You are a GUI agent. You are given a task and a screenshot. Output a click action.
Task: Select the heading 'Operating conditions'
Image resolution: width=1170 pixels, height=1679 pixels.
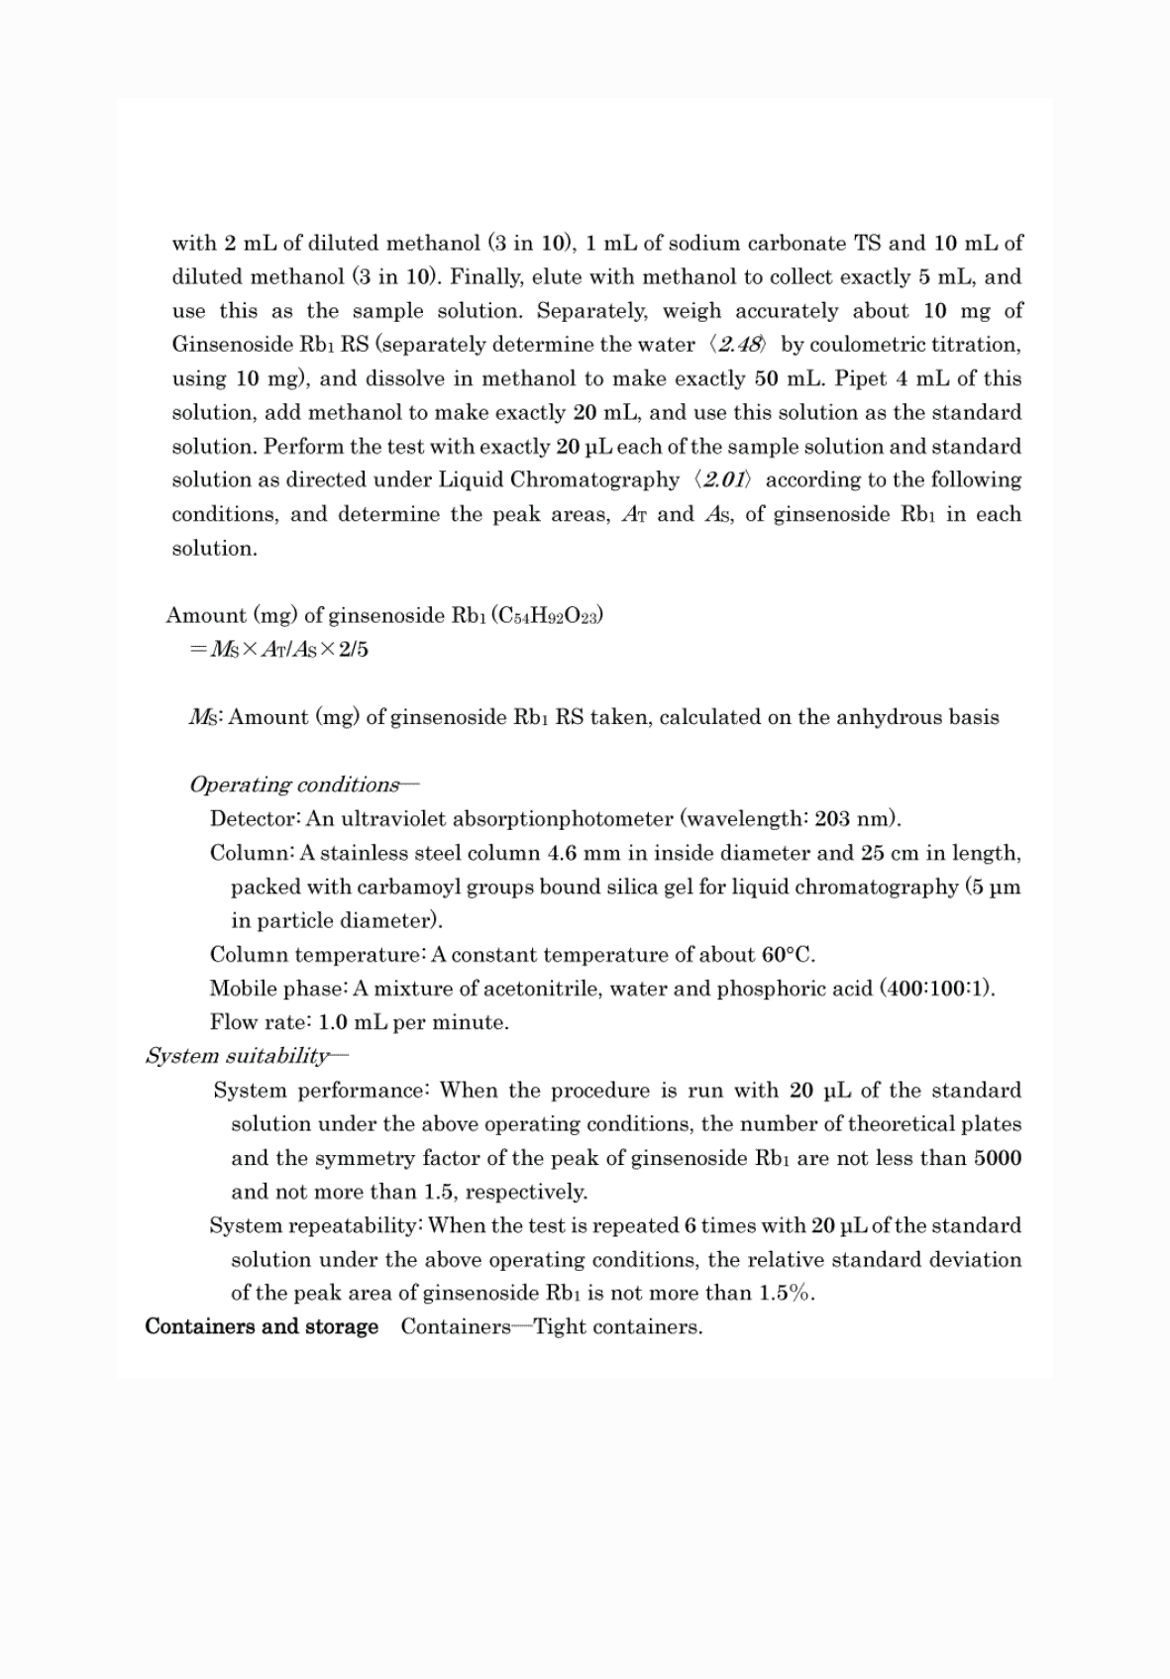[x=294, y=786]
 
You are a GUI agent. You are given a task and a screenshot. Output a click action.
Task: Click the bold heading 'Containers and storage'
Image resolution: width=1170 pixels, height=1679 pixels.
[x=262, y=1327]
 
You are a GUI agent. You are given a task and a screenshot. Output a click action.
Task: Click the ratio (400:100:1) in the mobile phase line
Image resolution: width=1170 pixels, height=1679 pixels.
[x=936, y=989]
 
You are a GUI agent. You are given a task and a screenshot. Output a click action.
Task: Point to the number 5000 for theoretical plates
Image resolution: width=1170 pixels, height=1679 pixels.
[x=997, y=1158]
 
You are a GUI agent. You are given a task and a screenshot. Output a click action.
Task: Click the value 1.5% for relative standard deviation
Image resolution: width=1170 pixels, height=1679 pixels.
[x=786, y=1294]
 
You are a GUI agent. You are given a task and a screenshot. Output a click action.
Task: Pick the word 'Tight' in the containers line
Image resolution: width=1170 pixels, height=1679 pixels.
[x=560, y=1327]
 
